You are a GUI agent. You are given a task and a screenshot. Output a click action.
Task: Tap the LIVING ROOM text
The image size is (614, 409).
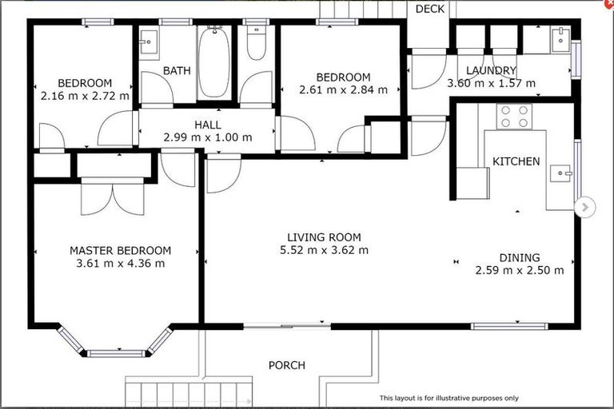tap(324, 237)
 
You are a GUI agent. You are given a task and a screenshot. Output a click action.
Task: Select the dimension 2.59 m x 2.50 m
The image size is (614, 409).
tap(520, 270)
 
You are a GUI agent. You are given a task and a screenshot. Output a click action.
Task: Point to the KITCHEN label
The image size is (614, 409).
tap(516, 161)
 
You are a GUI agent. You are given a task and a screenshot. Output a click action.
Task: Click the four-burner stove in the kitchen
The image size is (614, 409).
tap(513, 117)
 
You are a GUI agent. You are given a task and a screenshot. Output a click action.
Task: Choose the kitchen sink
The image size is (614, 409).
tap(564, 172)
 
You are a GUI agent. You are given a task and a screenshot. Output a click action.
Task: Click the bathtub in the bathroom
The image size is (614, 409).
tap(213, 62)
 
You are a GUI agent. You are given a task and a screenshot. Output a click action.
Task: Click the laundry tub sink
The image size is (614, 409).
tap(560, 38)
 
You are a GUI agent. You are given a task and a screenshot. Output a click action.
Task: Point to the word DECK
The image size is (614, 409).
tap(429, 9)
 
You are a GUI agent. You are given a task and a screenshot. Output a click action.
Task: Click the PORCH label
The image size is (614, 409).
tap(286, 365)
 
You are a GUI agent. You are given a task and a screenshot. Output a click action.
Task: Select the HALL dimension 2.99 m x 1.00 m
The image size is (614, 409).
tap(207, 137)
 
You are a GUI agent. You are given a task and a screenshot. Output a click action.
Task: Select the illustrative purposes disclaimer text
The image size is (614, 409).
tap(448, 397)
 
